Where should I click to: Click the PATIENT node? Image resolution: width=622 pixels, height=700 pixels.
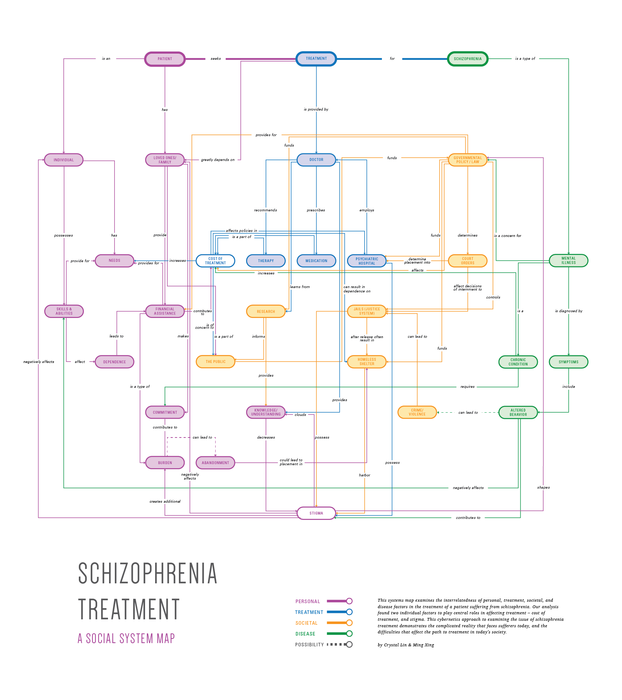[x=165, y=59]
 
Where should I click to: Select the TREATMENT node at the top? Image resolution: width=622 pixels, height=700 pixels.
[x=316, y=59]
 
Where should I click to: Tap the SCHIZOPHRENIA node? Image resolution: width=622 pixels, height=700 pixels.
[x=468, y=59]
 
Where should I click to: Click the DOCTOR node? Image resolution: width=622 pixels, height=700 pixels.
[x=316, y=160]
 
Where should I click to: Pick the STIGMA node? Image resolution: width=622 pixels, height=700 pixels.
[x=316, y=513]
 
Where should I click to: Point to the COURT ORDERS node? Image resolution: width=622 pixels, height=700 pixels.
[x=468, y=261]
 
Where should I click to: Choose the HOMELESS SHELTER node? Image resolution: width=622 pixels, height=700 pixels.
[x=367, y=362]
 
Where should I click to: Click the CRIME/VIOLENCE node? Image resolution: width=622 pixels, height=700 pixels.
[x=417, y=412]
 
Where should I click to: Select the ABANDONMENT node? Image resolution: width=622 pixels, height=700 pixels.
[x=215, y=463]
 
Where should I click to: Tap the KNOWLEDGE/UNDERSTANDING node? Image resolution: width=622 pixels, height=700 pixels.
[x=266, y=412]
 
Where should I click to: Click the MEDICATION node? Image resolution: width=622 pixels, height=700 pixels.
[x=316, y=261]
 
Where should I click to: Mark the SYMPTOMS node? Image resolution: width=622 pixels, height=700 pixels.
[x=568, y=362]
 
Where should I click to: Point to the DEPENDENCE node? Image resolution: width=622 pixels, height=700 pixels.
[x=114, y=362]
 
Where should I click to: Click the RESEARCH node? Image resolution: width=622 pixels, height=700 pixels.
[x=266, y=311]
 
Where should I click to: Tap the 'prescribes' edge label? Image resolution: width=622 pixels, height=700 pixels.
[x=316, y=210]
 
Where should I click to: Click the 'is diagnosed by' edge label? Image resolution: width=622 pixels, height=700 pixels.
[x=568, y=311]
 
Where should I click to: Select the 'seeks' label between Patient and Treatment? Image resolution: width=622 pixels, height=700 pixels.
[x=216, y=59]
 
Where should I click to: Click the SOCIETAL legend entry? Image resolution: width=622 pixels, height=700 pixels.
[x=306, y=623]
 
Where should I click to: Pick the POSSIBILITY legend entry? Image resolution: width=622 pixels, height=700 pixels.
[x=309, y=645]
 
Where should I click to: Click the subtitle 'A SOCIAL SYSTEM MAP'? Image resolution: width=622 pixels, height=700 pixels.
[x=126, y=639]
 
